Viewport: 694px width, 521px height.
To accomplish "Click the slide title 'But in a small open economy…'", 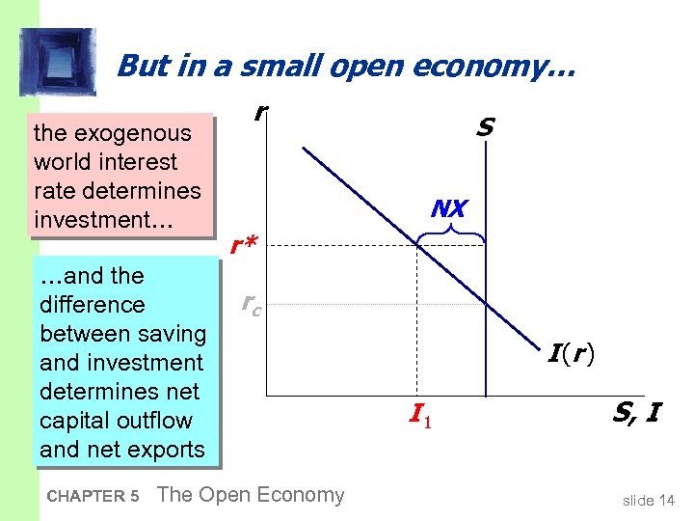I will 345,65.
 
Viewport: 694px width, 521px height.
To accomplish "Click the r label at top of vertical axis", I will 258,112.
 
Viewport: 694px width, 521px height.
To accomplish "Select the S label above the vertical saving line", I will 485,126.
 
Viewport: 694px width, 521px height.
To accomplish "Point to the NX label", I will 449,208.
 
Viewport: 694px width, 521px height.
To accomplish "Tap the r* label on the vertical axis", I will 244,248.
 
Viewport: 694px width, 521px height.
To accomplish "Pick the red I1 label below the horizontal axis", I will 417,415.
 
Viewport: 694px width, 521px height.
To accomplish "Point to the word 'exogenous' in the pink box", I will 136,132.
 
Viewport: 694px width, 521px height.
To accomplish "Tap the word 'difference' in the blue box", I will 92,305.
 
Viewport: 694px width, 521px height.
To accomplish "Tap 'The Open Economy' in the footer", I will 250,495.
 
